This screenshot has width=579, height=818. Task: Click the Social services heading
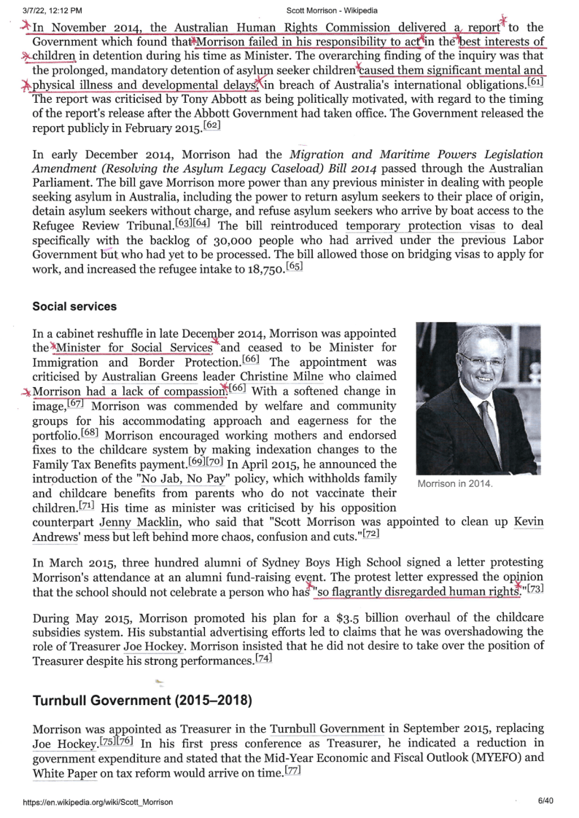(x=74, y=306)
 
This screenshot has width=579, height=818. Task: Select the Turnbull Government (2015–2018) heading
(x=142, y=701)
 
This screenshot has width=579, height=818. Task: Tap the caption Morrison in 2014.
(x=455, y=484)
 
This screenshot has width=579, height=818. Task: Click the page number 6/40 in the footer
(x=546, y=802)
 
